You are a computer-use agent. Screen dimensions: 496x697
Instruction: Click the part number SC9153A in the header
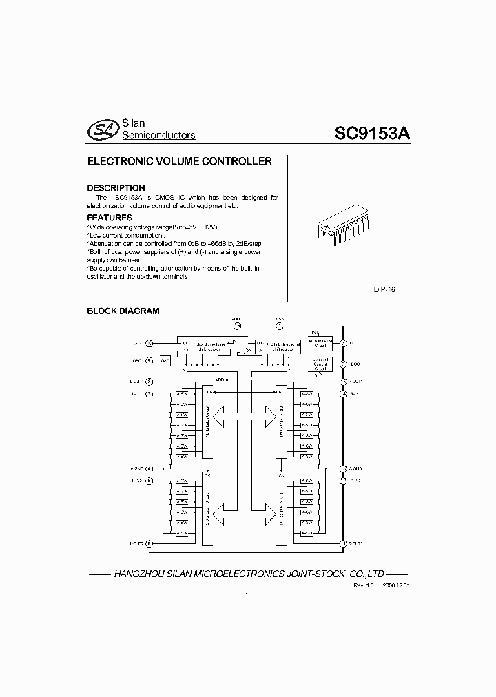373,133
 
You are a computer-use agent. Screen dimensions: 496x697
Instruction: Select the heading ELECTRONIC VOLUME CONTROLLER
179,161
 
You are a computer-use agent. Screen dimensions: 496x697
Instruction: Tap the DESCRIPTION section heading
116,187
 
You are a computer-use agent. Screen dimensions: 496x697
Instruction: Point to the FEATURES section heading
110,217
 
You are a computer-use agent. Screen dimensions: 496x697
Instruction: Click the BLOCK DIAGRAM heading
123,311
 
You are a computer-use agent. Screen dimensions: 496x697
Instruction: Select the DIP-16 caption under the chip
384,290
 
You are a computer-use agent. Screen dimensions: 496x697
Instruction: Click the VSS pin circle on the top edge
280,326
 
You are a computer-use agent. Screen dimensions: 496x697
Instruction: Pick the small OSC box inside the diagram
165,360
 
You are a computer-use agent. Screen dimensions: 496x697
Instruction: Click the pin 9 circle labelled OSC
149,360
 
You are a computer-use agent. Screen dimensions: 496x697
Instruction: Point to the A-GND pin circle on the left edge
149,469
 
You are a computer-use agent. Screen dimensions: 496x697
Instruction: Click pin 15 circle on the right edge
342,382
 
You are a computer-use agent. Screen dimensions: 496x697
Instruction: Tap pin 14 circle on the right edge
342,393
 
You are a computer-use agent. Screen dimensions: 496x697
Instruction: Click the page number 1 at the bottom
246,596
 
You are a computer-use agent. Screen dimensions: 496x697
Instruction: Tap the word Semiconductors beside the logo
158,136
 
